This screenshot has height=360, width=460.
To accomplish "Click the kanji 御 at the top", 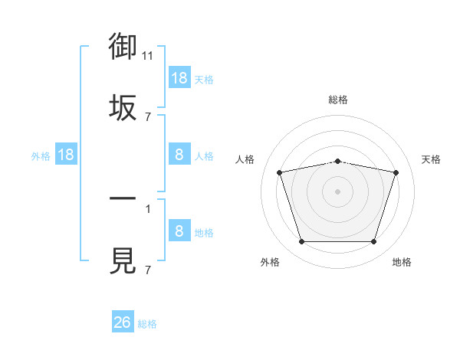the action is tap(123, 46).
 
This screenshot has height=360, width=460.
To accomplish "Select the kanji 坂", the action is tap(123, 107).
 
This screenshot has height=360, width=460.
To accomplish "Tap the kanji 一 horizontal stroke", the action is tap(123, 198).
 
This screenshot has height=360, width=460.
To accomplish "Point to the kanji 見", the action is tap(123, 260).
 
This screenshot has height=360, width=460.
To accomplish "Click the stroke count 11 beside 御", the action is tap(147, 56).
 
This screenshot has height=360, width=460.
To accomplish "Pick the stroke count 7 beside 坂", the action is tap(148, 117).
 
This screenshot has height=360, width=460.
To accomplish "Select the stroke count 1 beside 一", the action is tap(148, 209).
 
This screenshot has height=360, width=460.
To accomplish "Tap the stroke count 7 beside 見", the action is tap(148, 270).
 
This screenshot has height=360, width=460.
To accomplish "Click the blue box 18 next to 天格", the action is tap(179, 77).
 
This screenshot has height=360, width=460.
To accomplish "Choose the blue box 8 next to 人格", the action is tap(179, 154).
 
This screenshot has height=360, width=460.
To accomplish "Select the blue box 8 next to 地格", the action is tap(179, 230).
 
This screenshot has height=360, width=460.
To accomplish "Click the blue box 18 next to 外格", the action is tap(66, 154).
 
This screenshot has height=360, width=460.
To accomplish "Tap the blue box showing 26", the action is tap(123, 321).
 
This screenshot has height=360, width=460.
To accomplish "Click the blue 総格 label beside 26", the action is tap(147, 324).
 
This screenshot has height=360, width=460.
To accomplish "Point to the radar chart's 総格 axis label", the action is tap(338, 100).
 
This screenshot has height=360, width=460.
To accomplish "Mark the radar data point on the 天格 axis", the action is tap(396, 172).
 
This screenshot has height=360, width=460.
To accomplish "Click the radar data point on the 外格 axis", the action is tap(302, 241).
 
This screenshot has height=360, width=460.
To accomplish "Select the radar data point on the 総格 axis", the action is tap(337, 162).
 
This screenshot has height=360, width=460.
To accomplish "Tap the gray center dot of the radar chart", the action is tap(337, 191).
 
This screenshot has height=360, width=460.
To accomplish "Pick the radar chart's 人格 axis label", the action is tap(245, 159).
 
